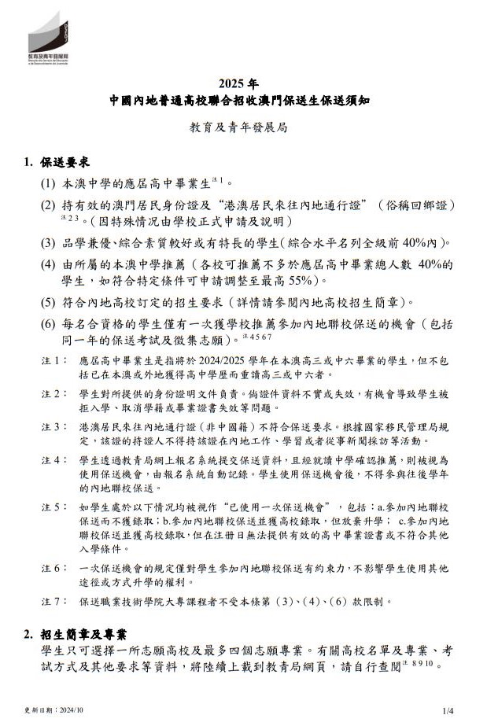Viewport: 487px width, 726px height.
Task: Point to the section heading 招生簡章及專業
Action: click(x=86, y=634)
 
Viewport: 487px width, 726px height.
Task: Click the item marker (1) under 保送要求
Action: click(x=48, y=182)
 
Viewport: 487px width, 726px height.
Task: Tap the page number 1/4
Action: click(x=449, y=710)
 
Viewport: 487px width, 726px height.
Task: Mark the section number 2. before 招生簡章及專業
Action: click(x=28, y=634)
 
